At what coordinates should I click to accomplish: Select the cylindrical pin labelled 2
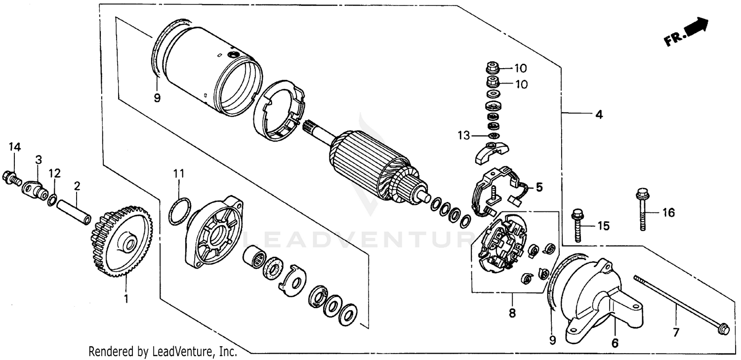click(x=75, y=211)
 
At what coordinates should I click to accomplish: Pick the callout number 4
click(x=599, y=115)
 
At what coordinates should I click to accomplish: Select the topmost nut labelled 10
click(x=493, y=67)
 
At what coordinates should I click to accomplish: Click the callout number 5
click(x=539, y=187)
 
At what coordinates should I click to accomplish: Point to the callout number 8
click(x=512, y=313)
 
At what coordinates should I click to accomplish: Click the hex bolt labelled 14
click(x=11, y=176)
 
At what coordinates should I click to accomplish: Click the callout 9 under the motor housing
click(x=157, y=98)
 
